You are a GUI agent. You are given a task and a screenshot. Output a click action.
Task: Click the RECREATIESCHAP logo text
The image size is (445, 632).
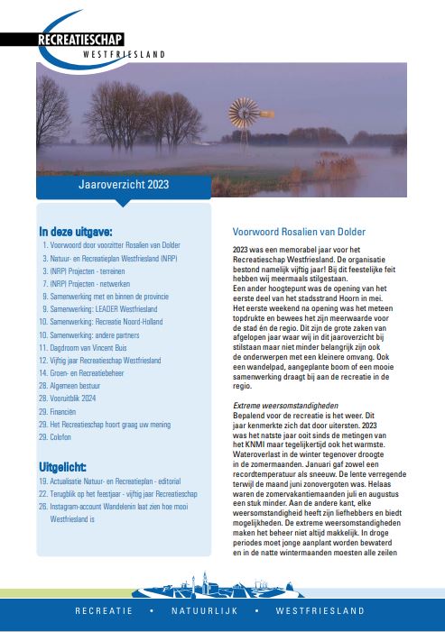pos(82,40)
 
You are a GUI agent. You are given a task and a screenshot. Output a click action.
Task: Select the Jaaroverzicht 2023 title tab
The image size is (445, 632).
pos(123,185)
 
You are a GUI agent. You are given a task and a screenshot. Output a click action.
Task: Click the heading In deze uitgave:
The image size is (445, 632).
pos(76,231)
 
